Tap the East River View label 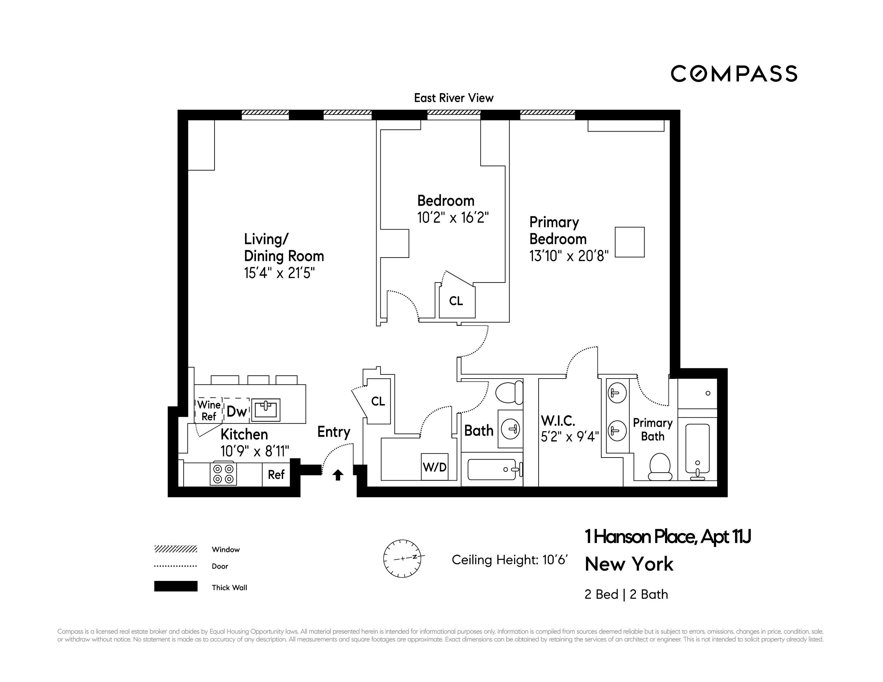(x=454, y=98)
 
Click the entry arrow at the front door (x=338, y=475)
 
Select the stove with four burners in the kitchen (x=223, y=474)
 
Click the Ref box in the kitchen (x=276, y=474)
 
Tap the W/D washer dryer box (x=435, y=467)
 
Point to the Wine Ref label (x=209, y=410)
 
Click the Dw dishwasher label (x=237, y=411)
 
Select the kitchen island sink (x=266, y=410)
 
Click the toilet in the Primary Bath (x=660, y=467)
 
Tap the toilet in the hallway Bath (x=509, y=392)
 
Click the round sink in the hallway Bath (x=511, y=429)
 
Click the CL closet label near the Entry (x=378, y=401)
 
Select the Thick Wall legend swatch (x=176, y=586)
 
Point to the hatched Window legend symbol (x=176, y=549)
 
